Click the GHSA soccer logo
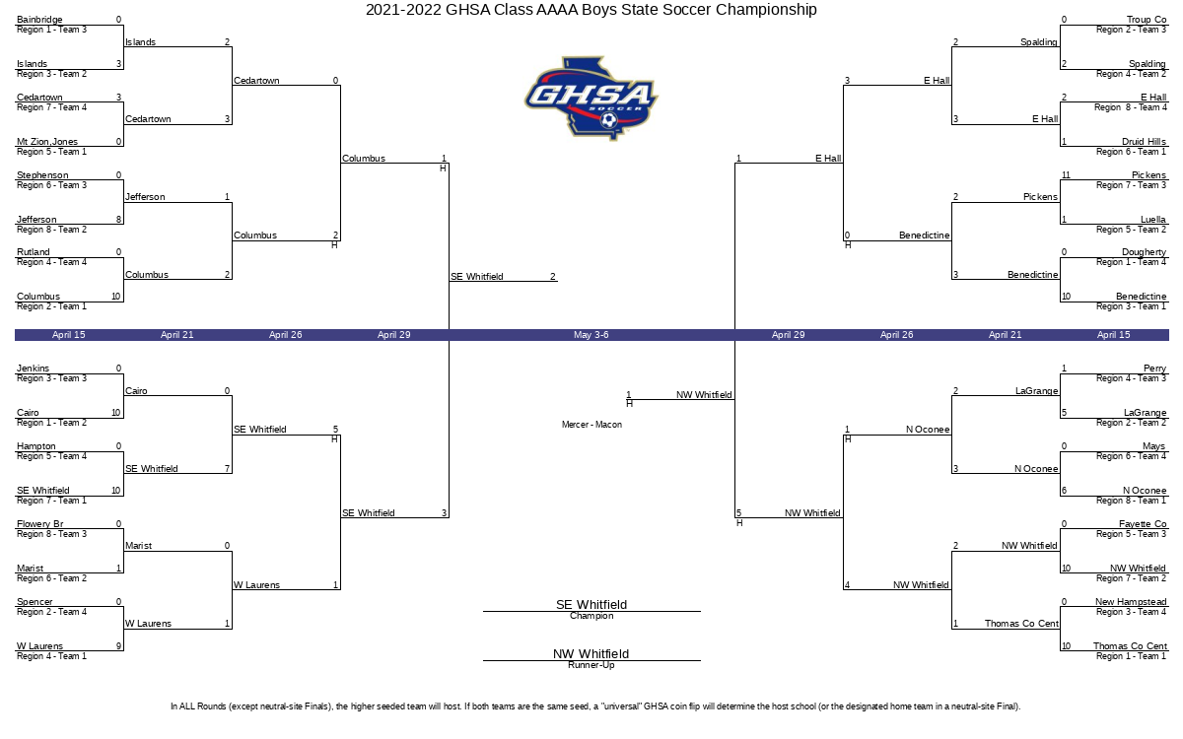click(591, 99)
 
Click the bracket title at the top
click(591, 10)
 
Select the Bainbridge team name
click(39, 20)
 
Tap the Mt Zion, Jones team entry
click(47, 142)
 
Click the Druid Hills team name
click(1144, 142)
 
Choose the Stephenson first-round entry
click(42, 175)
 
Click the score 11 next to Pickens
click(1066, 175)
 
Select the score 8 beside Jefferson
click(119, 220)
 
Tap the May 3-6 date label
click(591, 335)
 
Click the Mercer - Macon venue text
click(591, 425)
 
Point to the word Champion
click(591, 616)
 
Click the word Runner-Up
click(591, 665)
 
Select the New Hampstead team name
click(1131, 602)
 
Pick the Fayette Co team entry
click(1143, 524)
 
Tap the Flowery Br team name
click(39, 524)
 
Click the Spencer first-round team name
click(35, 602)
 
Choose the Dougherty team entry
click(1144, 252)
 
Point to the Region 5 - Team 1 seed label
click(51, 152)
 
